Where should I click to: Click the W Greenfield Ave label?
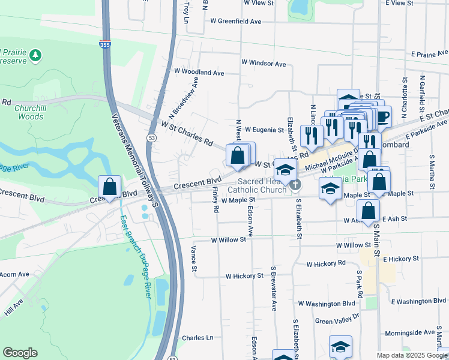236,21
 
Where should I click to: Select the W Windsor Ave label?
264,62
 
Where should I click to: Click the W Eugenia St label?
264,130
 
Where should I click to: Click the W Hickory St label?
244,276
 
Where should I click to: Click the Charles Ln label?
198,338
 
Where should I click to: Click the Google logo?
20,353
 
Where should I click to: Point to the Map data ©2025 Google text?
411,355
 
